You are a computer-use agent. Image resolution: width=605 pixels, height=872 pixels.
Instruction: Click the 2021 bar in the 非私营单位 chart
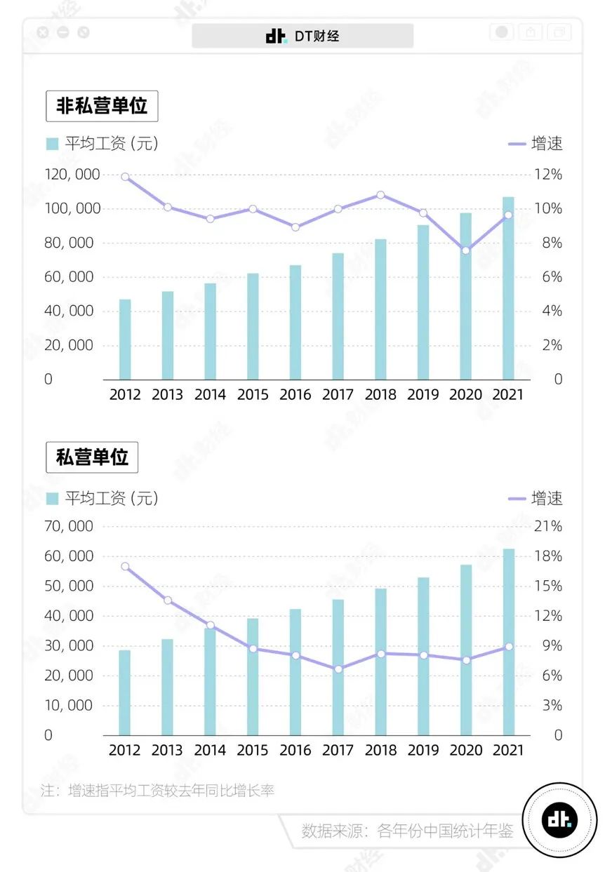tap(508, 288)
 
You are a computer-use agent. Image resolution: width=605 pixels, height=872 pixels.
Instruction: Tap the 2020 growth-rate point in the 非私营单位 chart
tap(465, 250)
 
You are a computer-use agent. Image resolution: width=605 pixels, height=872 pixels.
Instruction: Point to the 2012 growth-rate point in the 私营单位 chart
tap(125, 566)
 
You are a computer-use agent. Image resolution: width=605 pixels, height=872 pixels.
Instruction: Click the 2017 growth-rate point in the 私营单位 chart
tap(338, 669)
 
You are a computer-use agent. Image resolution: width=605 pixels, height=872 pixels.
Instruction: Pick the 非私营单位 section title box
tap(102, 107)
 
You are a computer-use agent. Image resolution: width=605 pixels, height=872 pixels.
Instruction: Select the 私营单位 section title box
tap(92, 458)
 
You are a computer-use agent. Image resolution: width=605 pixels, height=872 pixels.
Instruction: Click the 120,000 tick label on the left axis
tap(72, 175)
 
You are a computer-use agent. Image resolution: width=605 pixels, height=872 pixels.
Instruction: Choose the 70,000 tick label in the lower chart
tap(68, 526)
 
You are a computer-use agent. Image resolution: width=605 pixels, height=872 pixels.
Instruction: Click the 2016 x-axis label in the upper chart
tap(295, 395)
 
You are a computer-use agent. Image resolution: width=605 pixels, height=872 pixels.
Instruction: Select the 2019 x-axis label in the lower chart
tap(423, 750)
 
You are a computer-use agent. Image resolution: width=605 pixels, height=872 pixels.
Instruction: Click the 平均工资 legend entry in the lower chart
tap(102, 499)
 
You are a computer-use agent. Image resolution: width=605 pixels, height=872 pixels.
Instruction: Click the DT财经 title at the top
tap(302, 36)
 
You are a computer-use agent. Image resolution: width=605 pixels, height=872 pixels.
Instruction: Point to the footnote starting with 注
tap(157, 791)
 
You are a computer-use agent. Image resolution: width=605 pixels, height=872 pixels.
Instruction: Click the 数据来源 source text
tap(407, 831)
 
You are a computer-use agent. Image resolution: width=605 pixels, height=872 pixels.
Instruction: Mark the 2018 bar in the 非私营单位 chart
tap(380, 309)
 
